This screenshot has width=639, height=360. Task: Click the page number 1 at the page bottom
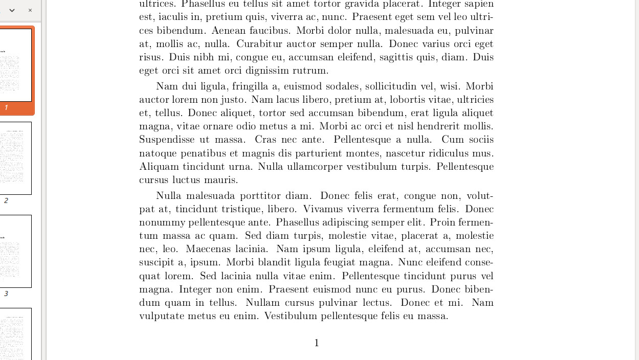click(317, 343)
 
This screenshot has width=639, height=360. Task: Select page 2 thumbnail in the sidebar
click(15, 158)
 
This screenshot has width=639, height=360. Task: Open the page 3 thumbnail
click(15, 251)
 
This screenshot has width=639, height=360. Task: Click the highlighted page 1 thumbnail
click(15, 65)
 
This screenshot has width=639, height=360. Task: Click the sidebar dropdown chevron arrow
click(12, 10)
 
